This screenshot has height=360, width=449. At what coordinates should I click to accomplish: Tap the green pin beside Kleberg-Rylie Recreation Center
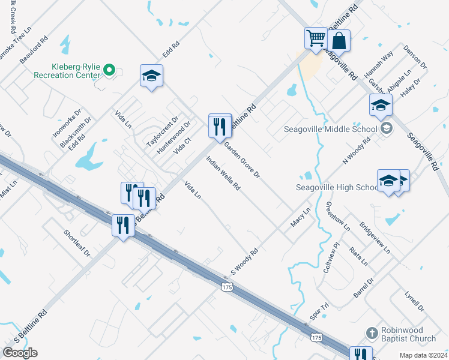tap(109, 71)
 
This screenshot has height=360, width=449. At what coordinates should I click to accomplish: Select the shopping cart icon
tap(315, 38)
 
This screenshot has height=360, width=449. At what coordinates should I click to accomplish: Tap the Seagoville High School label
tap(336, 187)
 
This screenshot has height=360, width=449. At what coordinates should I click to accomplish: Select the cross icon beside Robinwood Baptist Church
tap(372, 332)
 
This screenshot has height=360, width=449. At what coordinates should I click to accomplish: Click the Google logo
tap(20, 352)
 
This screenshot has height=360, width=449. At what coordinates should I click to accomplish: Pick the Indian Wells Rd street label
tap(223, 174)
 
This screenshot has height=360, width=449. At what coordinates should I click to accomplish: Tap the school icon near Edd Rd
tap(151, 76)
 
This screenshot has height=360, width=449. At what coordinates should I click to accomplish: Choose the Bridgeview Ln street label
tap(375, 238)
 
